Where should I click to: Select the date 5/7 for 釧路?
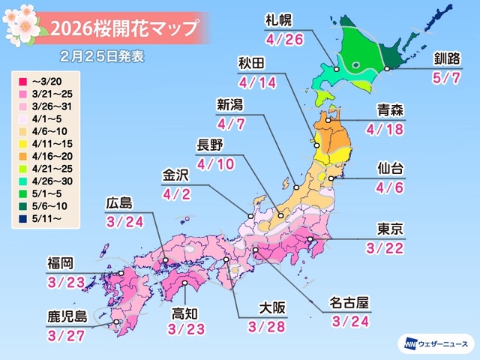click(x=446, y=78)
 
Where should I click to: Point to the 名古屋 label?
click(x=349, y=304)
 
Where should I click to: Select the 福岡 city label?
click(x=60, y=262)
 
